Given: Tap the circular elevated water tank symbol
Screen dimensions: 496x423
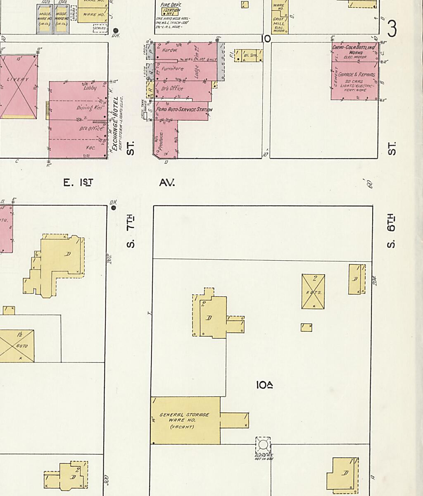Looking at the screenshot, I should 263,445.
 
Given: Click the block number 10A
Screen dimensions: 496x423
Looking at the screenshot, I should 264,385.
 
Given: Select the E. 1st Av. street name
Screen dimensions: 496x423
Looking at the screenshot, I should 119,182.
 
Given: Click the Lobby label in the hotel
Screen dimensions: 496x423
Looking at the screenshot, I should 90,88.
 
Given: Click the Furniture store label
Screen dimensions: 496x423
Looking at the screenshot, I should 172,69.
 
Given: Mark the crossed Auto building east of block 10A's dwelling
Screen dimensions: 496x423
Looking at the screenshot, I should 313,291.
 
